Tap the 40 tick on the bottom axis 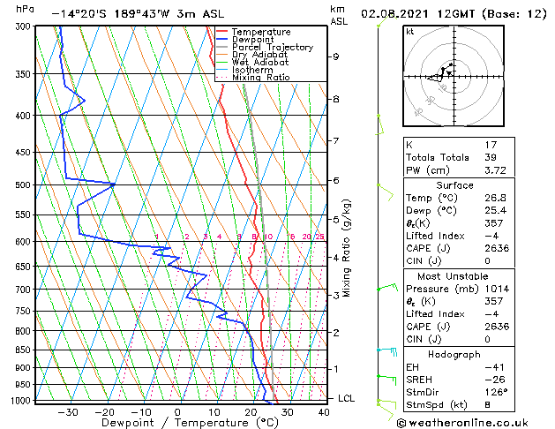[324, 411]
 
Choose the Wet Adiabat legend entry [257, 62]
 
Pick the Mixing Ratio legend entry [260, 77]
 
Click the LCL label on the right [347, 398]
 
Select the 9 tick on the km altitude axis [336, 56]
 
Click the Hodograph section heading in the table [455, 354]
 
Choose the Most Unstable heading [455, 275]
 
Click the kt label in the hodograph [409, 31]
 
